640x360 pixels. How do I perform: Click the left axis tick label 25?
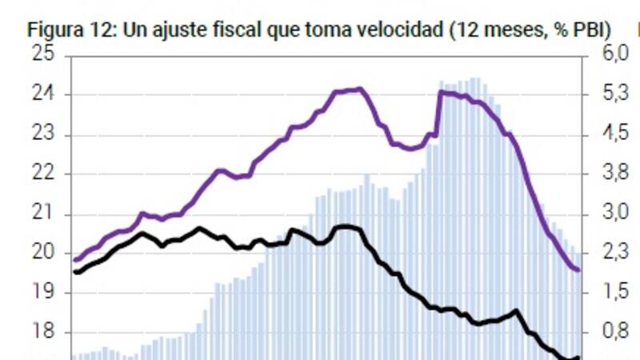coord(42,55)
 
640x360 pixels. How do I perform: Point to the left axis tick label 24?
coord(42,95)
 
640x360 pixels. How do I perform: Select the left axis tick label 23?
coord(42,134)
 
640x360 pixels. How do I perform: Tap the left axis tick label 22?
coord(42,174)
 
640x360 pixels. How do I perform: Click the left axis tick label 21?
coord(42,214)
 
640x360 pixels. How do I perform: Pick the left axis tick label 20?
coord(42,254)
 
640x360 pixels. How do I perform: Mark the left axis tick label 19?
coord(42,293)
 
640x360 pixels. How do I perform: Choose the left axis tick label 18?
coord(42,333)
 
